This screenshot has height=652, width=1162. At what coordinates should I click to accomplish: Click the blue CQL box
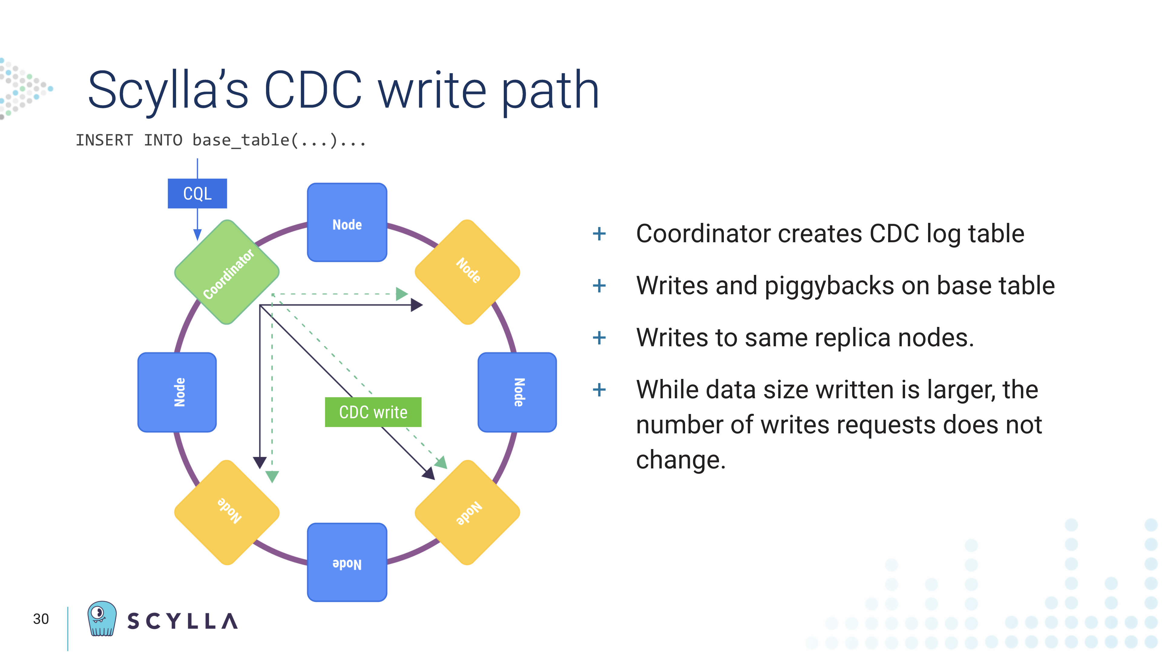tap(197, 194)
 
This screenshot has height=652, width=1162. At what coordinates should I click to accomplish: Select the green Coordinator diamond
tap(227, 272)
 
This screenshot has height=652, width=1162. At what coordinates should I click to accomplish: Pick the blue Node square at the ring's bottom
tap(347, 562)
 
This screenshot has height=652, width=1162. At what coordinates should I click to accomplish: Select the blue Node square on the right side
tap(517, 392)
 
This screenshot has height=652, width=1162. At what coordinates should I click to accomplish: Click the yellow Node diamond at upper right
tap(467, 272)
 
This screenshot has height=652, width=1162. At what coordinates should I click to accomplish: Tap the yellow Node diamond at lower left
tap(227, 513)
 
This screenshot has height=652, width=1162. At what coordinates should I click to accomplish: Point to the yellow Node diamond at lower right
tap(467, 513)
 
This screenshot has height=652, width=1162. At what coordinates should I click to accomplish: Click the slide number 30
tap(41, 619)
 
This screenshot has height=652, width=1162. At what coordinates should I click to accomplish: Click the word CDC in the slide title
tap(313, 90)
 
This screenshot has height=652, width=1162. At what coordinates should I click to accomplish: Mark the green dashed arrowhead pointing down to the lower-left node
tap(272, 476)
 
